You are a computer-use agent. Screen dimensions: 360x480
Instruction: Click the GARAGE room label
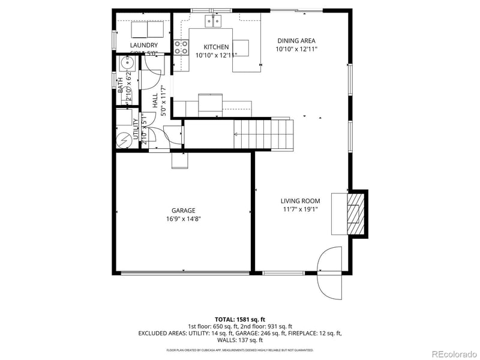pos(184,211)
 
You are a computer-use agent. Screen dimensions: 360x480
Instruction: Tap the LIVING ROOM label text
pos(300,201)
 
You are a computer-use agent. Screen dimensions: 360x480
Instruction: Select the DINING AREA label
pos(296,41)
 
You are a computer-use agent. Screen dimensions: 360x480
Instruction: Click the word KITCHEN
pos(216,47)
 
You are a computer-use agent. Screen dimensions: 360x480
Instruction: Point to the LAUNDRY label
pos(144,45)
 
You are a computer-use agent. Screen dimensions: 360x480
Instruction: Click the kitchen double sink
pos(214,22)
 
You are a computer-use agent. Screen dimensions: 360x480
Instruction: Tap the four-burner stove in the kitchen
pos(181,47)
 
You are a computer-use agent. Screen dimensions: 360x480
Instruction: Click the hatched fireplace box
pos(357,213)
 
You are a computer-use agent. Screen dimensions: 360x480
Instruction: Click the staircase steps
pos(264,134)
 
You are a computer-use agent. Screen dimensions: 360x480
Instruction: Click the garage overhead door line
pos(184,273)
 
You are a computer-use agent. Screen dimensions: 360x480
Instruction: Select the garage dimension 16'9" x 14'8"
pos(184,219)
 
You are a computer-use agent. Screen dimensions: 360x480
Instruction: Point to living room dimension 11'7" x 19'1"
pos(300,209)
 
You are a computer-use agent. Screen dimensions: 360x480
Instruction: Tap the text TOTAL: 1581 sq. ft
pos(239,319)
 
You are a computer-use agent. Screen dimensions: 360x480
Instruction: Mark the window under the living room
pos(283,273)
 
